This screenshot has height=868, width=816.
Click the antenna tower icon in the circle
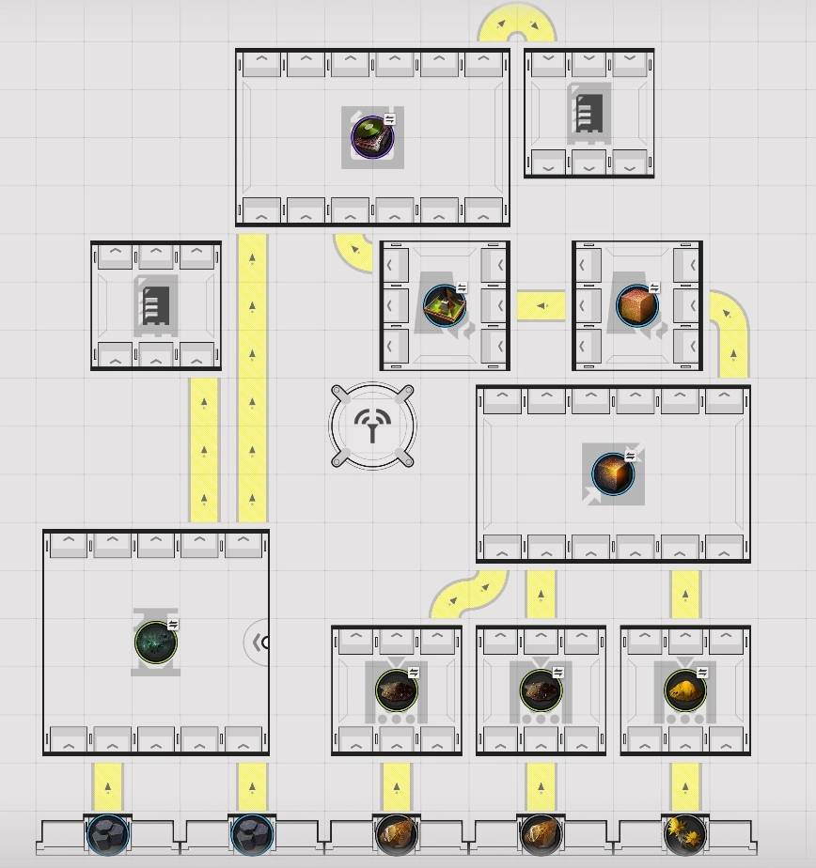coord(373,426)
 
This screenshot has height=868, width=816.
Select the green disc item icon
coord(372,138)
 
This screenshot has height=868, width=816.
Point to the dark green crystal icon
coord(155,643)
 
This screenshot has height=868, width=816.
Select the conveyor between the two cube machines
coord(541,305)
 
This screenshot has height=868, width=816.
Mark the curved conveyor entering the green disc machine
coord(354,249)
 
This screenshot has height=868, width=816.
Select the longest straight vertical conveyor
coord(252,376)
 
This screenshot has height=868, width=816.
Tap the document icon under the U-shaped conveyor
coord(588,113)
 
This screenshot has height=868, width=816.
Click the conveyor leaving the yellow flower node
coord(685,785)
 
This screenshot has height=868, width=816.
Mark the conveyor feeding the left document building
coord(204,448)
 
